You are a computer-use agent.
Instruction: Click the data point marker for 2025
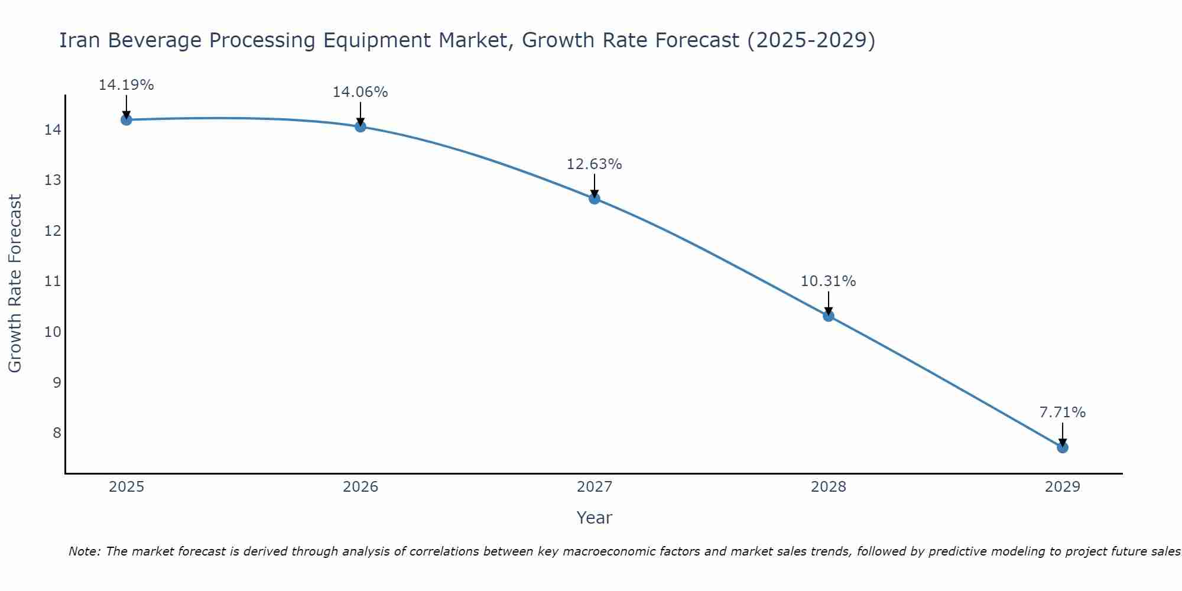126,120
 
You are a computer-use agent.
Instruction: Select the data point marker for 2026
361,126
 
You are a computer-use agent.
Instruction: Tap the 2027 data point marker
595,199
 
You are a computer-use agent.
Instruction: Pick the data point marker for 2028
829,316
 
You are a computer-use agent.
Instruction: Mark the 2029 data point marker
1063,447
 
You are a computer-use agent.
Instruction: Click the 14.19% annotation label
126,85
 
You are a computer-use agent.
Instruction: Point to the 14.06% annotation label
361,92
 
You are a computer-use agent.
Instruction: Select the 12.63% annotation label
595,164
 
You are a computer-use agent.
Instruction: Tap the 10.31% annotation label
829,281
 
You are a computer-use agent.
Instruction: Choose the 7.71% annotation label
1063,413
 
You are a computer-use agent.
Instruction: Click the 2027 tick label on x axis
595,487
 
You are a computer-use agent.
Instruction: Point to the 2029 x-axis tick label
1063,487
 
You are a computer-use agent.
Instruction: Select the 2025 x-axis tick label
126,487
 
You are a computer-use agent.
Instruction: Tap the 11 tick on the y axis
53,281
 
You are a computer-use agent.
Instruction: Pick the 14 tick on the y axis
53,129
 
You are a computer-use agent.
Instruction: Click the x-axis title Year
595,518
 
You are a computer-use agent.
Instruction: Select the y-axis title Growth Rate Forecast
15,284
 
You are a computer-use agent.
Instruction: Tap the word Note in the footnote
83,551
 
